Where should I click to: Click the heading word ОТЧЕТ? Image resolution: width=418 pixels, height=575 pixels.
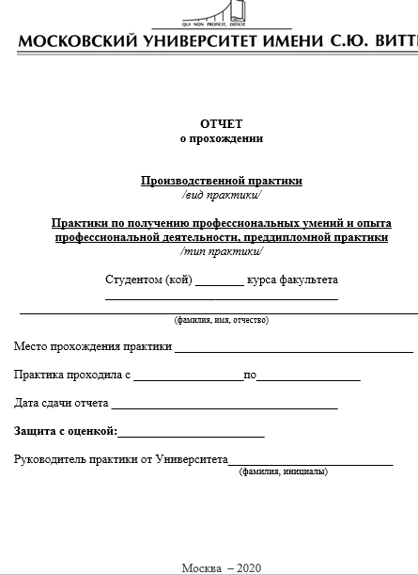(221, 124)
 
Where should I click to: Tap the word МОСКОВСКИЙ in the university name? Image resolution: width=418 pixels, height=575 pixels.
(77, 42)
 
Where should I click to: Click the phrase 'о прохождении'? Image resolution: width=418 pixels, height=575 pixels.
(221, 138)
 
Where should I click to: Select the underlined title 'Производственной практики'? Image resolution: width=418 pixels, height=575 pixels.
(221, 181)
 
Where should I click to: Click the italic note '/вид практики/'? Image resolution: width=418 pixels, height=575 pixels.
(221, 195)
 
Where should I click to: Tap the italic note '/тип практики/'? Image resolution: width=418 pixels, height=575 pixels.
(221, 251)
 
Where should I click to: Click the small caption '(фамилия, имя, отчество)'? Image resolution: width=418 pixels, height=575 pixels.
(221, 320)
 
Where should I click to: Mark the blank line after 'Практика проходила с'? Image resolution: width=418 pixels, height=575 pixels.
(188, 378)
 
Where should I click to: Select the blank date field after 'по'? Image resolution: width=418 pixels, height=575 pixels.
(308, 378)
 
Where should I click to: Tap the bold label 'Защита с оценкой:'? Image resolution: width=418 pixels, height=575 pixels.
(65, 431)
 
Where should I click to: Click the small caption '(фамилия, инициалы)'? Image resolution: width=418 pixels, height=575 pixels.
(284, 471)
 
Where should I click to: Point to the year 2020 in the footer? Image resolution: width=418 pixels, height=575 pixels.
(249, 567)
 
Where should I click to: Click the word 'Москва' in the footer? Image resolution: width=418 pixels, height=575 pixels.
(202, 567)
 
